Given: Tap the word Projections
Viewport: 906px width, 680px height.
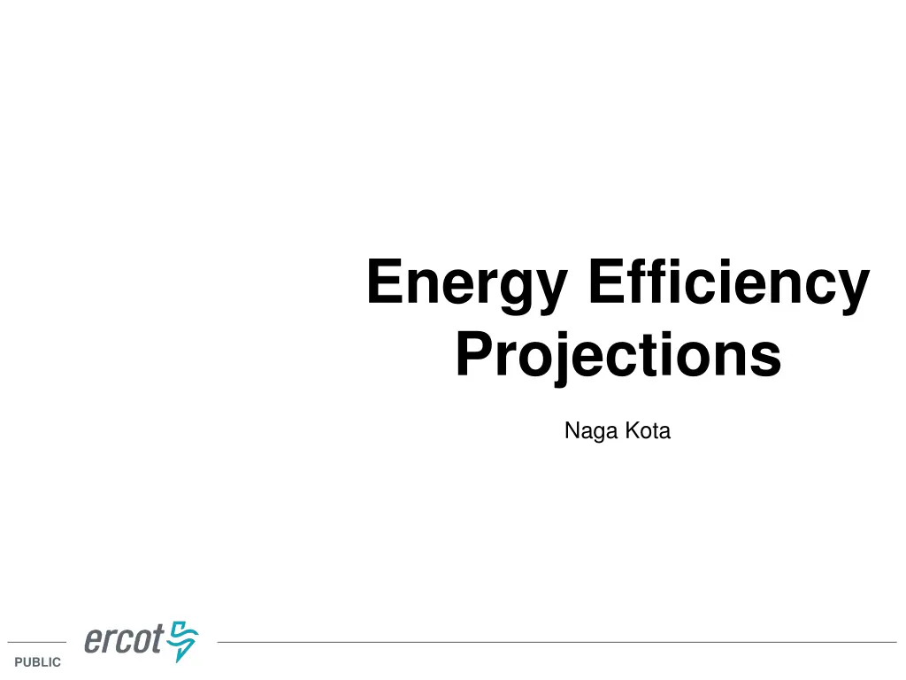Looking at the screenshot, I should coord(618,356).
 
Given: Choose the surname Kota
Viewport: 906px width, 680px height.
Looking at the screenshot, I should coord(648,432).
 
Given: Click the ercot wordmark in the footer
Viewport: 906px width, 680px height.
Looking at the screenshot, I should coord(124,640).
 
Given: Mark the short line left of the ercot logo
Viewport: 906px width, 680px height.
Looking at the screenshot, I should coord(36,642).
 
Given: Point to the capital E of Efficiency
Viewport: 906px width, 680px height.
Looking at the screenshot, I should coord(604,282).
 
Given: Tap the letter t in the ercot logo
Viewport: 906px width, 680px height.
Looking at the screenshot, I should coord(157,640).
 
